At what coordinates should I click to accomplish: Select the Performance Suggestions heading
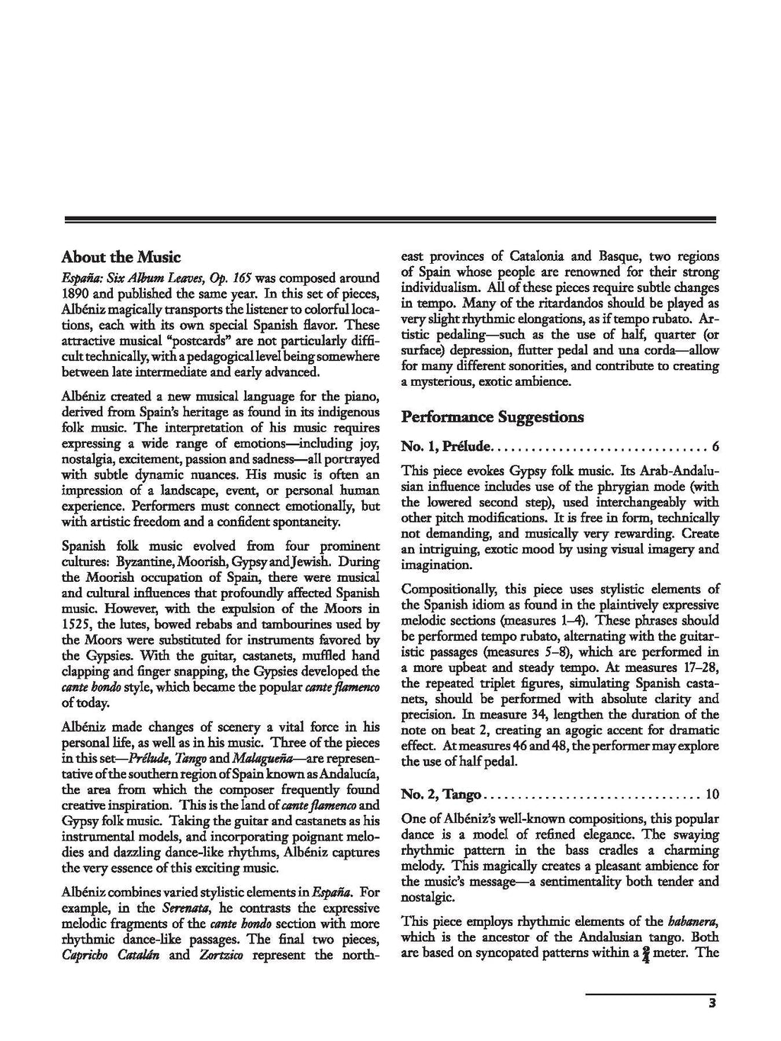(492, 417)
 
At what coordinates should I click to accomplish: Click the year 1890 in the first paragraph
(77, 294)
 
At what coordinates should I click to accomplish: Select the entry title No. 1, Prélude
(447, 446)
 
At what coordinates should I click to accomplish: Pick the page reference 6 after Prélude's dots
(715, 446)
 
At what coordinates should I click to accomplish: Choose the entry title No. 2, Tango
(442, 795)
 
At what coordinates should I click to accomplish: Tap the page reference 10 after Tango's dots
(712, 795)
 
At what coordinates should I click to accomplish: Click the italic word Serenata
(185, 908)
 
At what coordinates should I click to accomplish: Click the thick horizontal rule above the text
(390, 220)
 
